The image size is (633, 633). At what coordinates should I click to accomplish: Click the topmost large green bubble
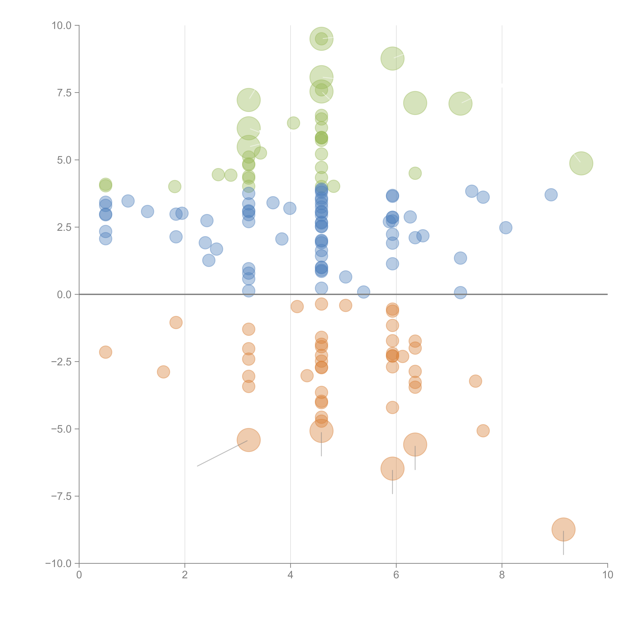tap(321, 39)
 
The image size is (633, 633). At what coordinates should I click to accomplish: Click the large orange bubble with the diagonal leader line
tap(249, 440)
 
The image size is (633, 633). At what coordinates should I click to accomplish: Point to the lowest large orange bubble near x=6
tap(392, 469)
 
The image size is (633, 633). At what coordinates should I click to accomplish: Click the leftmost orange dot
tap(105, 352)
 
